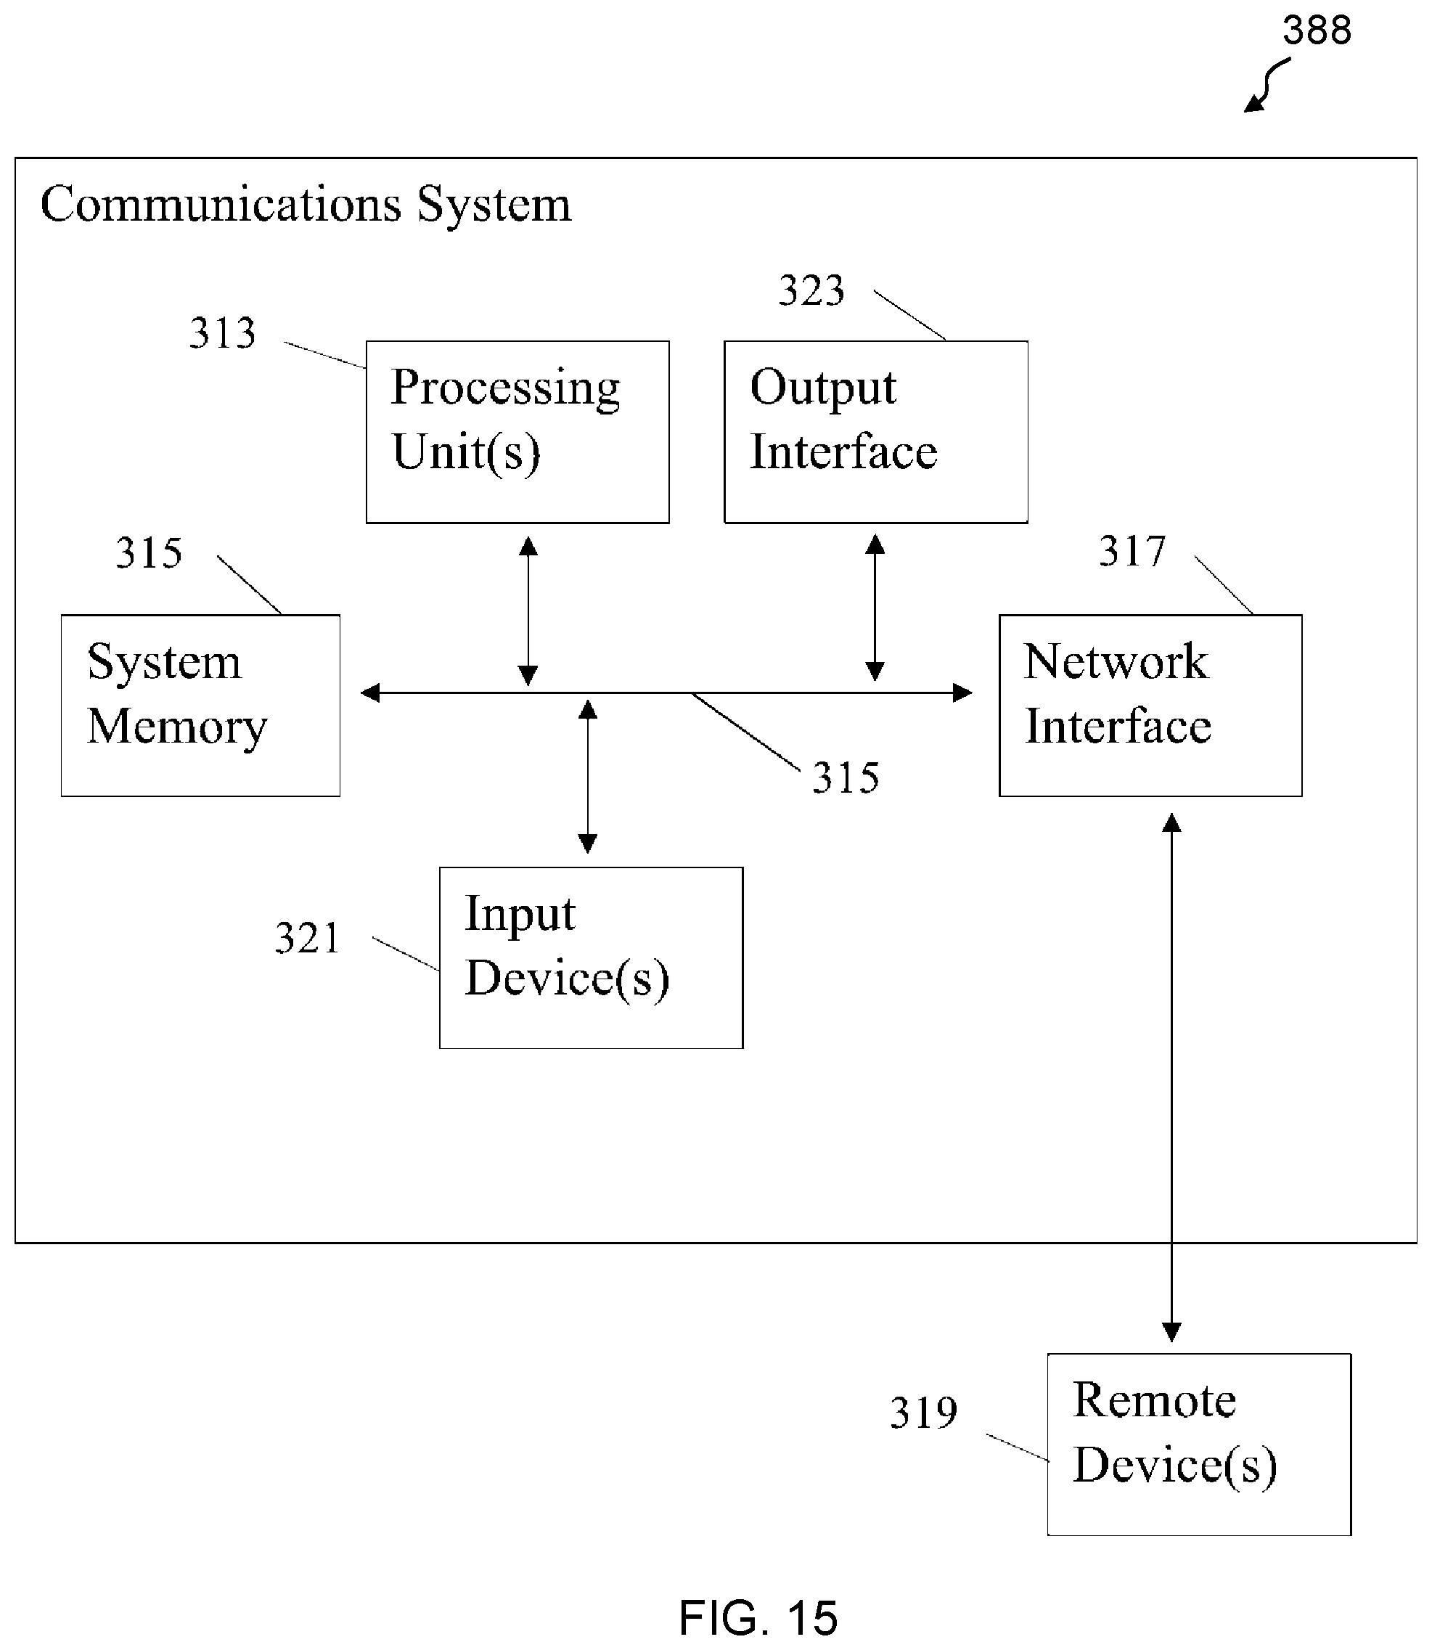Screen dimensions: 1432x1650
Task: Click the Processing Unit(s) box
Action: tap(517, 432)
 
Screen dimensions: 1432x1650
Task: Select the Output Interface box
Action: tap(876, 432)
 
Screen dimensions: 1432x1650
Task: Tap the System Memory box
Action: tap(200, 706)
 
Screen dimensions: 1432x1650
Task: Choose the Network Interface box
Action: tap(1150, 706)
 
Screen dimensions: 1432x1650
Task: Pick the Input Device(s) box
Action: tap(592, 958)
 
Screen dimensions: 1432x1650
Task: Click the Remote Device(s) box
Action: tap(1200, 1445)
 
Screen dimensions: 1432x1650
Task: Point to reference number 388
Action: tap(1317, 30)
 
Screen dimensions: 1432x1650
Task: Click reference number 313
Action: tap(222, 333)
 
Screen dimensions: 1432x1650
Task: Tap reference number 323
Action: tap(812, 290)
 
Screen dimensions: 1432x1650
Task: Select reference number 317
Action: tap(1132, 552)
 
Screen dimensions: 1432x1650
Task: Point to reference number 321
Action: tap(308, 938)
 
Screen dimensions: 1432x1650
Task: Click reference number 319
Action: tap(924, 1413)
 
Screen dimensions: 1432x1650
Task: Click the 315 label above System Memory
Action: tap(150, 553)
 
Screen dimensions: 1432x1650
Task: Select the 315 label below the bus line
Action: tap(846, 777)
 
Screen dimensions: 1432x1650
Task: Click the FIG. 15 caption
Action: tap(758, 1618)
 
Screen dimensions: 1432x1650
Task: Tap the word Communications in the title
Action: tap(221, 204)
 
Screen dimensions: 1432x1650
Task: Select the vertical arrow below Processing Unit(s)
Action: tap(528, 611)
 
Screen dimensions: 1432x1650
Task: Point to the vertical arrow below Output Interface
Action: tap(875, 608)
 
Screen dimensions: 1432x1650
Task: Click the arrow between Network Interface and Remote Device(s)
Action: tap(1171, 1077)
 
